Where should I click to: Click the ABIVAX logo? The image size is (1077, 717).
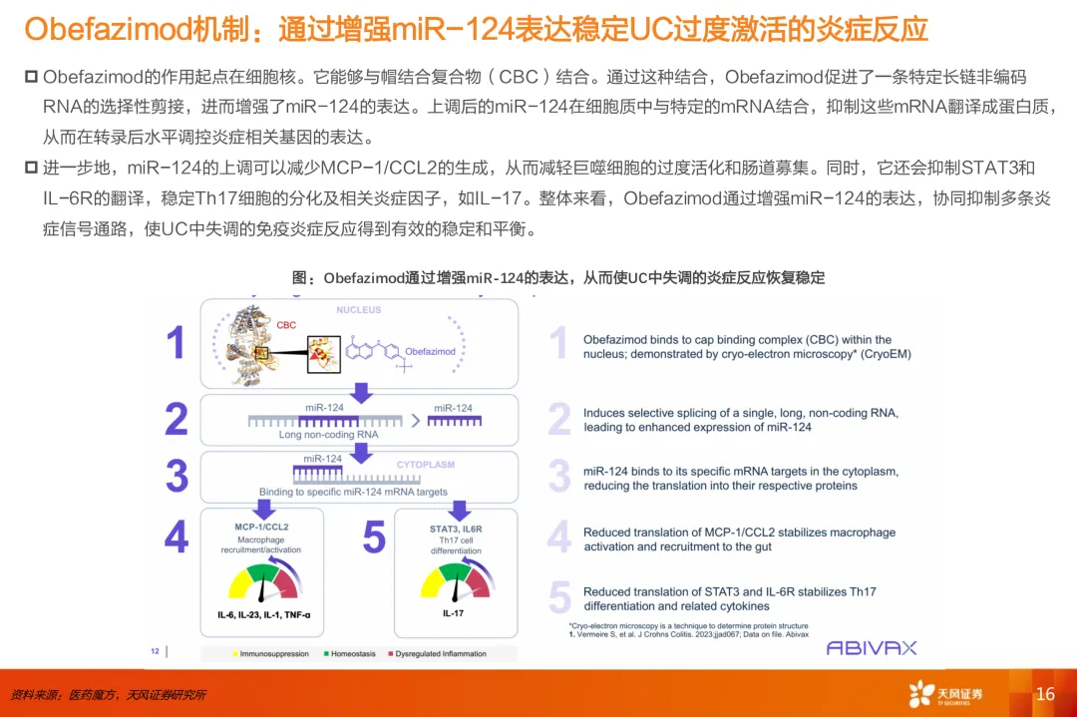[x=871, y=647]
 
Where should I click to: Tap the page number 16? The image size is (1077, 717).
[x=1045, y=694]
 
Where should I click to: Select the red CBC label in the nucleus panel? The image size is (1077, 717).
[x=286, y=325]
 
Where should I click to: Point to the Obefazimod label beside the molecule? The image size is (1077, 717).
[x=430, y=351]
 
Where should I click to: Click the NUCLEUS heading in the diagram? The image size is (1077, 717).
[x=358, y=310]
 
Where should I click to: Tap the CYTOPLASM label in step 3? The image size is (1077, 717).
[x=426, y=465]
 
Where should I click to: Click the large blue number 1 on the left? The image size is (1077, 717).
[x=176, y=343]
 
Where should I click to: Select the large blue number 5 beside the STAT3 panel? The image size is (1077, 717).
[x=374, y=538]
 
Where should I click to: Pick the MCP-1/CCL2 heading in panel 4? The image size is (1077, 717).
[x=261, y=526]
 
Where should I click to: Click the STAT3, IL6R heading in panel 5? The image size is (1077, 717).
[x=456, y=529]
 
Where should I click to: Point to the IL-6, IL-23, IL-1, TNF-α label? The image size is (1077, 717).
[x=263, y=616]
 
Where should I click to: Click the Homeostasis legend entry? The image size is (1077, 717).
[x=348, y=654]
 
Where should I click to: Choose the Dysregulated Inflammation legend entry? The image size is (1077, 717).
[x=438, y=654]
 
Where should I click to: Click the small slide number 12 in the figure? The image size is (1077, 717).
[x=156, y=651]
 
